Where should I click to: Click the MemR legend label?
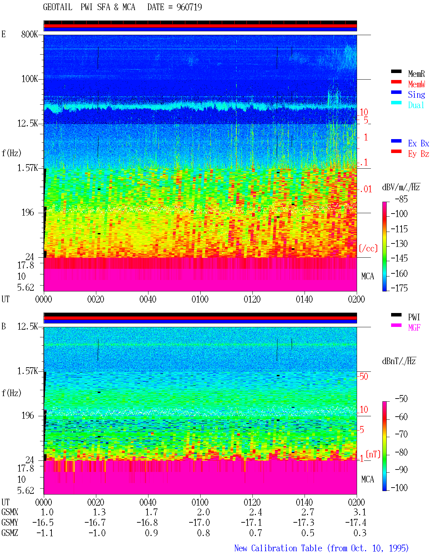[416, 74]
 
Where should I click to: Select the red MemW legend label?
[416, 84]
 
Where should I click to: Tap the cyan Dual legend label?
[416, 105]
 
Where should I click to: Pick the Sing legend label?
[416, 95]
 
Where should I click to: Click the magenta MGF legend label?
[414, 328]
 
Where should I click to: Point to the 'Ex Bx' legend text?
[418, 143]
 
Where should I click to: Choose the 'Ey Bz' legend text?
[418, 154]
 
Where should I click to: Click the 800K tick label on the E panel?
[30, 34]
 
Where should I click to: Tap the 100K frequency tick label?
[30, 79]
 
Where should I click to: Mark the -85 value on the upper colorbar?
[401, 199]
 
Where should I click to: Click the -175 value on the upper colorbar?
[399, 288]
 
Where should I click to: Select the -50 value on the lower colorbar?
[401, 399]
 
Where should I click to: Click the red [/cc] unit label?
[368, 248]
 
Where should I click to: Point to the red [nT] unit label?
[373, 454]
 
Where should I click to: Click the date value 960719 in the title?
[189, 7]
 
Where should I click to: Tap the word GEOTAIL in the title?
[58, 7]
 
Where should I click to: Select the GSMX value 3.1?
[359, 512]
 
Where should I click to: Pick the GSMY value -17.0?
[200, 523]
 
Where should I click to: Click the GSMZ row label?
[10, 533]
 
